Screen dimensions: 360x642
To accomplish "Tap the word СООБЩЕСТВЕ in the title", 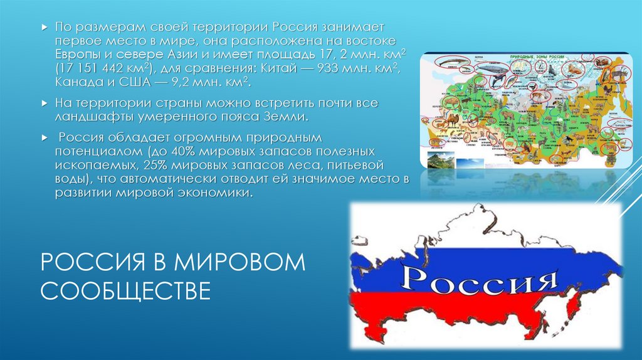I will point(126,290).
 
